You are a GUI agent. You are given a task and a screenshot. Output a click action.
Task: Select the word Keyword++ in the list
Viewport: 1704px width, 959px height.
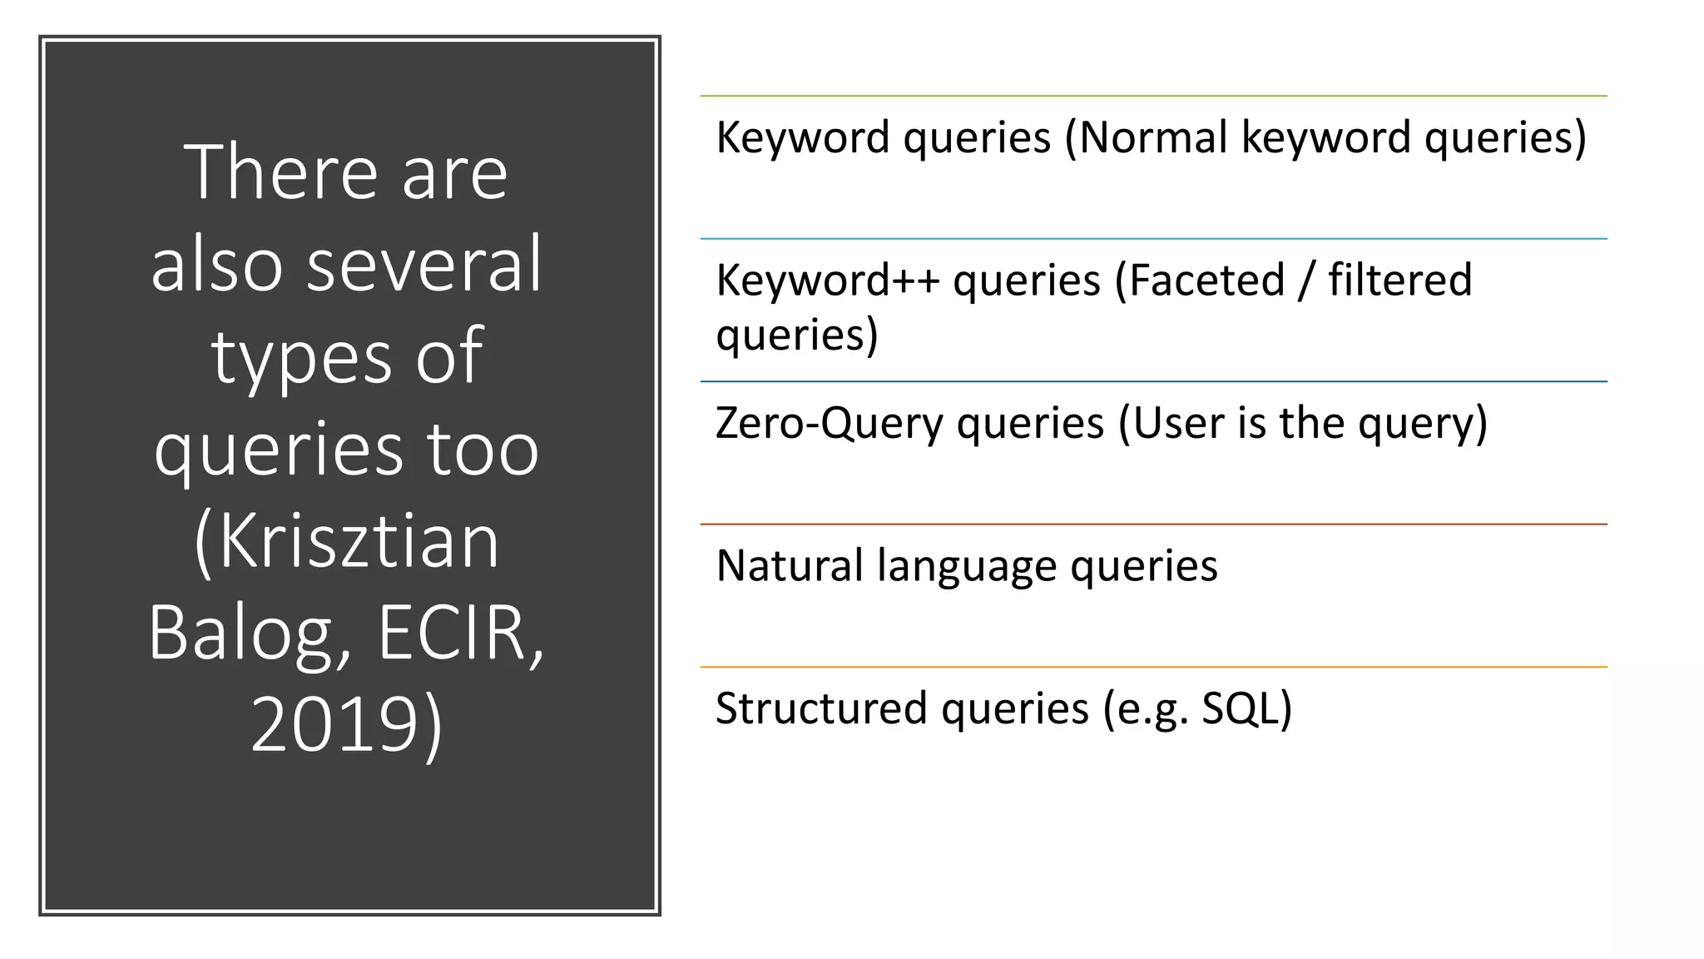828,281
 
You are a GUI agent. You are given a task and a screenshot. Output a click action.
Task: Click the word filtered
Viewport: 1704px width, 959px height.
1400,281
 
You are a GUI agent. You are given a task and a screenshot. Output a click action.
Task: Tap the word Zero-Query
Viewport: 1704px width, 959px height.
830,424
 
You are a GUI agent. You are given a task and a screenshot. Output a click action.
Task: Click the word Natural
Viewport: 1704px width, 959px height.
790,566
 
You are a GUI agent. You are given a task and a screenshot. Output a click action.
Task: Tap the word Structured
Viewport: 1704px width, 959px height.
821,709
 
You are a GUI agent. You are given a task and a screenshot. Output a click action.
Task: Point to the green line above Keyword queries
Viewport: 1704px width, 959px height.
1153,97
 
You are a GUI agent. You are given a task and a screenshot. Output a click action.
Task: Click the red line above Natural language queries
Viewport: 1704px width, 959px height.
1153,524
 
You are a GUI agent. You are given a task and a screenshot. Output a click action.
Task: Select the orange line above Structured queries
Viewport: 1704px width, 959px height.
1153,667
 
